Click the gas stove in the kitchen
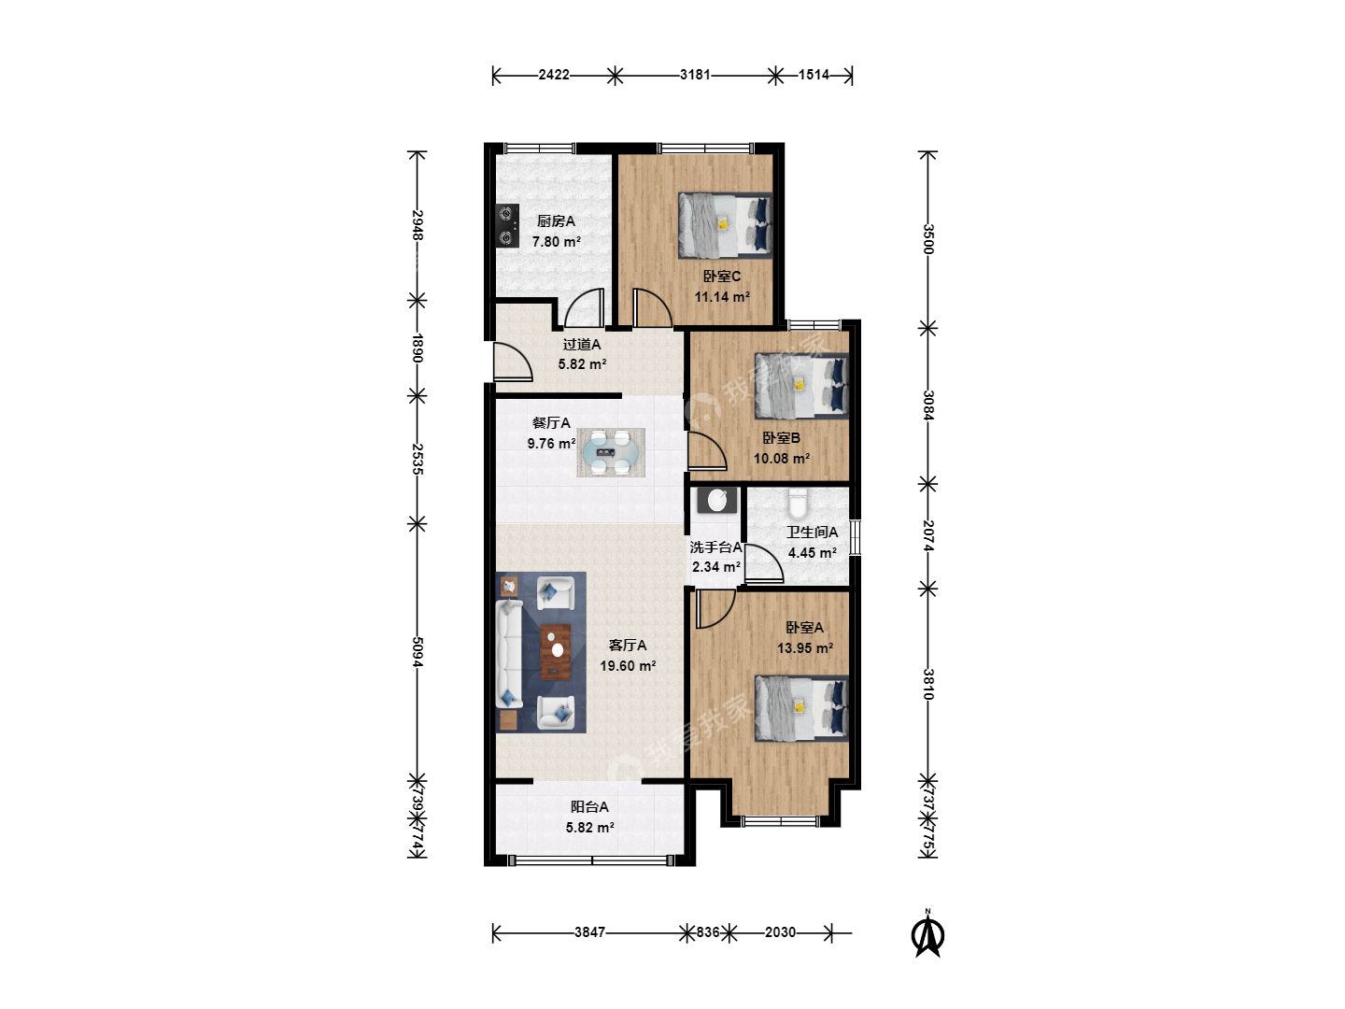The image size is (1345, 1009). [x=507, y=226]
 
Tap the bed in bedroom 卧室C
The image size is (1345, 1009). [x=725, y=225]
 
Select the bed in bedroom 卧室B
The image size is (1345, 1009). [x=801, y=386]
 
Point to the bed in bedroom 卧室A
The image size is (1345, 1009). [x=801, y=708]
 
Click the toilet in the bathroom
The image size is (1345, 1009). [x=798, y=503]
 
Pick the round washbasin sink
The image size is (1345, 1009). [x=717, y=501]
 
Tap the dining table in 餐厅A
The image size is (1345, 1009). [x=610, y=453]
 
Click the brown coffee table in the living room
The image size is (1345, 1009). [x=556, y=652]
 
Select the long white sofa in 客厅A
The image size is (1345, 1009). [x=509, y=654]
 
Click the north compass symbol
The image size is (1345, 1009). [x=927, y=935]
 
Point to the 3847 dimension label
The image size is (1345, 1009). [x=589, y=932]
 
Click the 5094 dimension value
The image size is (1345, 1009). [x=418, y=652]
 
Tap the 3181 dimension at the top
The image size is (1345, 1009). [x=695, y=75]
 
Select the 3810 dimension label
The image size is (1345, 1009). [x=928, y=684]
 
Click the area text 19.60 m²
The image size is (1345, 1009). [x=628, y=666]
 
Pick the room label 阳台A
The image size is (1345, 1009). [x=589, y=807]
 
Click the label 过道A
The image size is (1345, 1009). [x=582, y=345]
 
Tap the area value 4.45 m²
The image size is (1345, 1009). [x=813, y=552]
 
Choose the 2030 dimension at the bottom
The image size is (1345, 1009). [x=780, y=932]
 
